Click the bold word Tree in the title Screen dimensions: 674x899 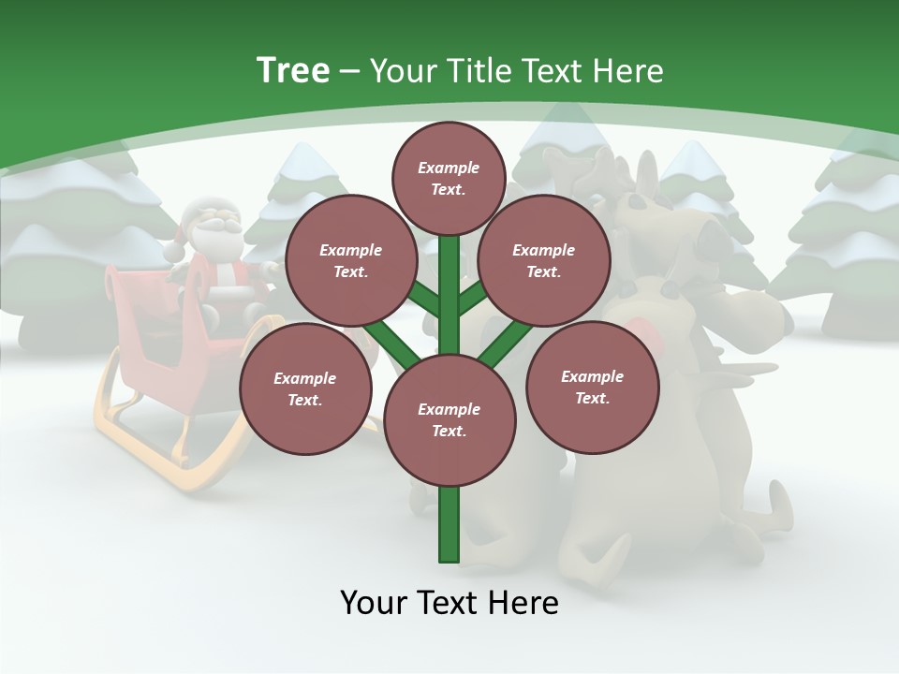tap(292, 70)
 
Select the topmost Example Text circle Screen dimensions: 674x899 tap(449, 178)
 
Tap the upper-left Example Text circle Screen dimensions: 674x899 tap(350, 260)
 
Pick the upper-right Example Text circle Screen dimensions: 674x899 tap(543, 260)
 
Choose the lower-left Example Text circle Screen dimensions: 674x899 tap(305, 388)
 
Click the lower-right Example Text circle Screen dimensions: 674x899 tap(592, 387)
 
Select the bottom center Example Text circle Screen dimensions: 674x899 tap(449, 419)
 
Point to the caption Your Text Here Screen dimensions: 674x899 tap(449, 602)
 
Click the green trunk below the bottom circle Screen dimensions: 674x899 tap(449, 524)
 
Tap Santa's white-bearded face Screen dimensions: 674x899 tap(218, 223)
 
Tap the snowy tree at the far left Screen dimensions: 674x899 tap(66, 243)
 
